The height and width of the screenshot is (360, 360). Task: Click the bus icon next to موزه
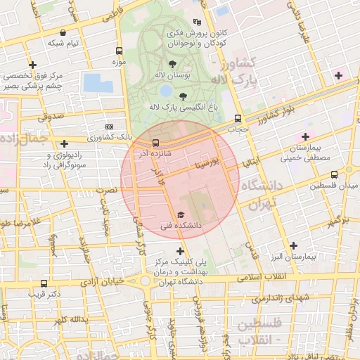point(119,51)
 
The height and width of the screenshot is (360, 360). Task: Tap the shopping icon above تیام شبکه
point(63,32)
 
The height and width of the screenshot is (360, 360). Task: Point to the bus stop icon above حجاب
point(238,118)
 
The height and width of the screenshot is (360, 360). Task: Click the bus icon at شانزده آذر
point(155,142)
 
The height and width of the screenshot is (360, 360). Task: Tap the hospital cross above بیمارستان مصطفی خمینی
point(305,136)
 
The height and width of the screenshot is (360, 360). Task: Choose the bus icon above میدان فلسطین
point(333,174)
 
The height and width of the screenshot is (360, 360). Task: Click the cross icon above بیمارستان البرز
point(293,245)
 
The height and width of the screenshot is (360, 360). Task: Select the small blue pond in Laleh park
point(166,91)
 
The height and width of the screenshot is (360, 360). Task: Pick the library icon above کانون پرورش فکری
point(195,22)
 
